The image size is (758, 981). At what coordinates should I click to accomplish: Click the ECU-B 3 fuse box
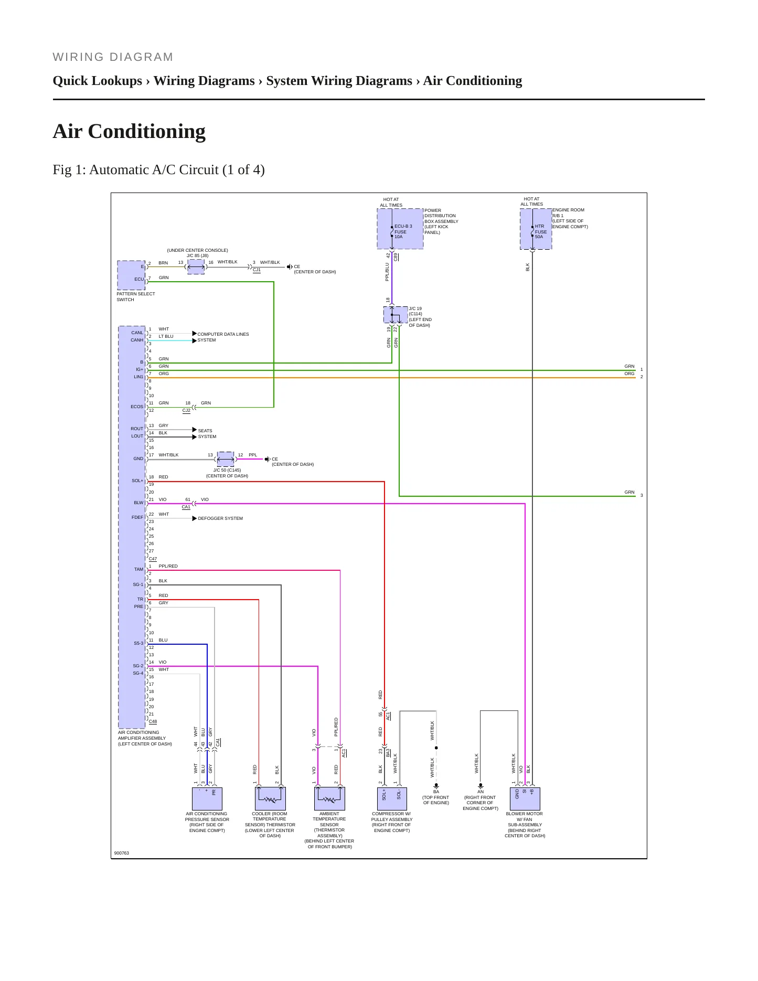click(x=400, y=229)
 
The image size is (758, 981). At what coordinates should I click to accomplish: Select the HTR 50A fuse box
click(x=536, y=229)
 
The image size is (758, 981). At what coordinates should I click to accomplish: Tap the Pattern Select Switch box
click(x=131, y=275)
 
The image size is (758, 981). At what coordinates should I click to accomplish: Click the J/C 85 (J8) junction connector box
click(x=196, y=266)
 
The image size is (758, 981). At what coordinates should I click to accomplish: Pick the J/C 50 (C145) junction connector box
click(x=226, y=459)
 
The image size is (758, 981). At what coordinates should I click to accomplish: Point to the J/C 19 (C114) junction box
click(x=396, y=315)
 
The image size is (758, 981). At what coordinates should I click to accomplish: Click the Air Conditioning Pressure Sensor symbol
click(x=207, y=798)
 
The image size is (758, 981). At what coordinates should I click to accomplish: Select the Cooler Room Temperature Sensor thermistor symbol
click(x=270, y=798)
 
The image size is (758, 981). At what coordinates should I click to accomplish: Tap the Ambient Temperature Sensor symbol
click(x=329, y=798)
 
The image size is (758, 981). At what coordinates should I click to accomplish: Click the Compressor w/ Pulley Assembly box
click(x=391, y=798)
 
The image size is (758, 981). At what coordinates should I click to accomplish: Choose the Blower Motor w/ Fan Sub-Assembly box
click(x=525, y=798)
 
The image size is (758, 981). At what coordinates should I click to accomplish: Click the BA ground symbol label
click(x=436, y=792)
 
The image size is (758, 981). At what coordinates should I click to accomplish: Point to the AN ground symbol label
click(x=481, y=792)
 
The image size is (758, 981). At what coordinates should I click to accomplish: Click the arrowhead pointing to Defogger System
click(x=195, y=518)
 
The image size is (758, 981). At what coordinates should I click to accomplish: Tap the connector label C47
click(x=153, y=559)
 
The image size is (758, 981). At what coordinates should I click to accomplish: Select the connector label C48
click(x=153, y=721)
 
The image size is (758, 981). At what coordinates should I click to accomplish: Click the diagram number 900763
click(x=122, y=853)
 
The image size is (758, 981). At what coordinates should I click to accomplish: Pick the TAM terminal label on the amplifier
click(x=138, y=569)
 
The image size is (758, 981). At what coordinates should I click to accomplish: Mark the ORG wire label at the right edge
click(x=629, y=374)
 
